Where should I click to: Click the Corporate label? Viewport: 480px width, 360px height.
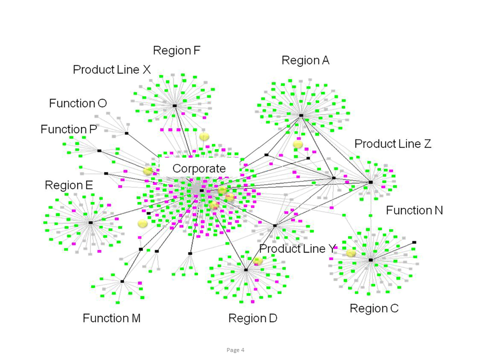click(x=199, y=168)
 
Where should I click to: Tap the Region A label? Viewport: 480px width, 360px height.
click(x=305, y=60)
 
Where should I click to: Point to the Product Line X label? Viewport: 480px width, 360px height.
click(x=111, y=69)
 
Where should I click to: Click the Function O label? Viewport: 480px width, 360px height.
click(x=78, y=103)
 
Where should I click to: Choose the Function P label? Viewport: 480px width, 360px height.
click(x=68, y=129)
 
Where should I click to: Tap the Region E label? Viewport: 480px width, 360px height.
click(x=69, y=185)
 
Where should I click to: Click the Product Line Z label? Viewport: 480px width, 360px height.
click(x=393, y=144)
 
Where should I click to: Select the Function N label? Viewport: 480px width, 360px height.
click(x=414, y=210)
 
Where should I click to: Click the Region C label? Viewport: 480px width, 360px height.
click(x=374, y=308)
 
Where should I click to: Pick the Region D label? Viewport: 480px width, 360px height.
click(x=252, y=318)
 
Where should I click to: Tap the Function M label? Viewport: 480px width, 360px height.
click(x=111, y=318)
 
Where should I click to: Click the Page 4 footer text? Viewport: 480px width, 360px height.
click(x=235, y=350)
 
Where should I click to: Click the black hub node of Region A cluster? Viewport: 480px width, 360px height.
click(x=301, y=115)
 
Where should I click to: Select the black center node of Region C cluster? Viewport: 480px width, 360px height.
click(x=370, y=260)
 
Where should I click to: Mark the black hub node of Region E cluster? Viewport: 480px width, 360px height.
click(x=90, y=222)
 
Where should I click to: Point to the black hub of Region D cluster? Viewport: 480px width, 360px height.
click(x=246, y=270)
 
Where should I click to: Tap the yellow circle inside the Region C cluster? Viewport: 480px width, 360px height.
click(x=351, y=253)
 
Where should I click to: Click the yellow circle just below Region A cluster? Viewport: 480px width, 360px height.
click(x=298, y=144)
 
